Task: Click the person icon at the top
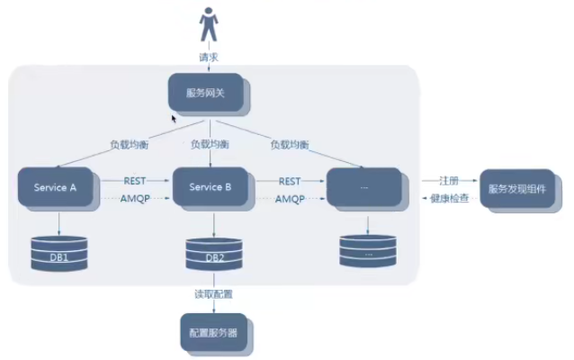(209, 24)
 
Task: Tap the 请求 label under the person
(209, 57)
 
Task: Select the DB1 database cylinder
(59, 253)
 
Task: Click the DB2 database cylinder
(214, 254)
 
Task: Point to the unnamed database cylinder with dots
(368, 251)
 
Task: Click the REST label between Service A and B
(135, 181)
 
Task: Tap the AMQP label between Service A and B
(135, 199)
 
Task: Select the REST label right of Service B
(290, 181)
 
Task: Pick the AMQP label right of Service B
(290, 199)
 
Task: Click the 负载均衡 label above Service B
(210, 144)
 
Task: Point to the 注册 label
(449, 181)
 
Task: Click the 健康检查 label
(450, 199)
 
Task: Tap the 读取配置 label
(213, 294)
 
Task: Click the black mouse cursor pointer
(174, 119)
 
